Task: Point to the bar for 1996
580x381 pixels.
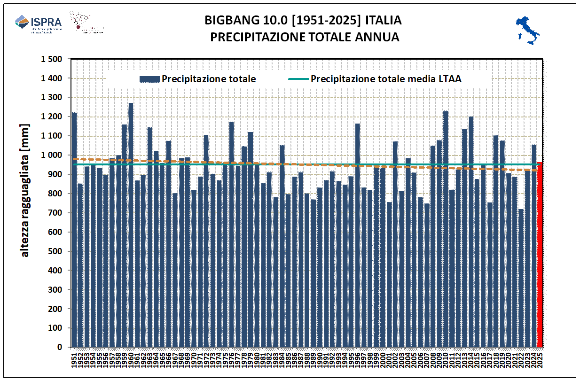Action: pyautogui.click(x=358, y=235)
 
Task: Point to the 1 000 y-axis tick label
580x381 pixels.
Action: pyautogui.click(x=52, y=155)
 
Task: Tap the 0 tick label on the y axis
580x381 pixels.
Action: pyautogui.click(x=60, y=347)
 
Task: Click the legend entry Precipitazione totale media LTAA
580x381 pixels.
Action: pyautogui.click(x=386, y=79)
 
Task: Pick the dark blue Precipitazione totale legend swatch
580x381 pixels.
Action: pyautogui.click(x=149, y=79)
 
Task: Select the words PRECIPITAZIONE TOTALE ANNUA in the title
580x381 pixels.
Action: pyautogui.click(x=305, y=37)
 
